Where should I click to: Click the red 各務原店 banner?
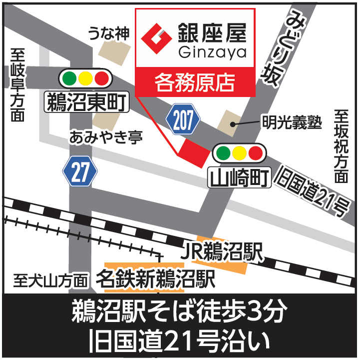[195, 81]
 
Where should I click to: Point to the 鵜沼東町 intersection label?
[86, 102]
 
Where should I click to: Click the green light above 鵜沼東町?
[69, 78]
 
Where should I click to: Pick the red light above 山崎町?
[256, 152]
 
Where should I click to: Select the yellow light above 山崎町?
[239, 152]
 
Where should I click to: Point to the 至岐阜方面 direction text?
[18, 85]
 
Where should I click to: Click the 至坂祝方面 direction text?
[341, 145]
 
